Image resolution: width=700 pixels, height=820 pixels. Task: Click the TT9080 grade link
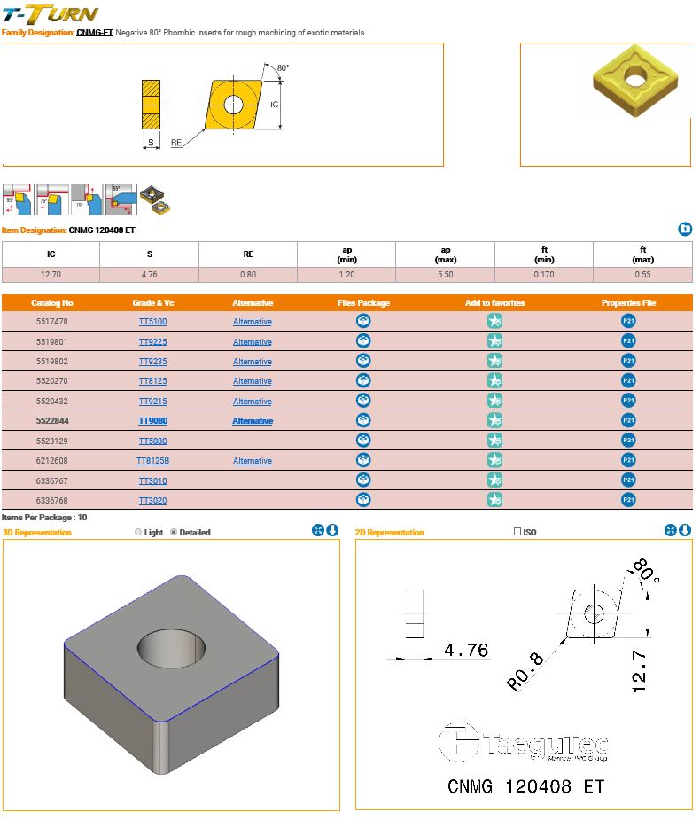coord(152,421)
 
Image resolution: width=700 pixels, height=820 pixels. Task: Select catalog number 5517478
coord(51,322)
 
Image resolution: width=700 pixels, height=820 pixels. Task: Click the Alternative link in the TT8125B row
coord(252,461)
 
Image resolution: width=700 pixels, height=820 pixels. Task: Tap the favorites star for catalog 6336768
coord(494,500)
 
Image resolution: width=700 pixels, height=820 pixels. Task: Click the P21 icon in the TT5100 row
coord(628,322)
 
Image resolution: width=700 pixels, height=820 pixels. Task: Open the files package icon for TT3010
coord(362,480)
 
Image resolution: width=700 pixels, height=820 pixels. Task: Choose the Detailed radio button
coord(174,533)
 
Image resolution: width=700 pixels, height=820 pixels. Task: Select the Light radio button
coord(137,533)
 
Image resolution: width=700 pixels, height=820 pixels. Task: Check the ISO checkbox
coord(518,533)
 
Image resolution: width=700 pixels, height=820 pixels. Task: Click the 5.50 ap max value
coord(446,275)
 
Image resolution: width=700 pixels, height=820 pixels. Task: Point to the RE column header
coord(248,254)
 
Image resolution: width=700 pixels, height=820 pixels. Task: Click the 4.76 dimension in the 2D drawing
coord(466,650)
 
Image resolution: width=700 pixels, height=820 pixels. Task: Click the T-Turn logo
coord(50,14)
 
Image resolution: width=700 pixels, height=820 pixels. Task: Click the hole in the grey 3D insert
coord(172,652)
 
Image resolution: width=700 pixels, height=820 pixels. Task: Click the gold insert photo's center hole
coord(635,77)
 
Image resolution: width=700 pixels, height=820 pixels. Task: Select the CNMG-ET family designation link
coord(95,33)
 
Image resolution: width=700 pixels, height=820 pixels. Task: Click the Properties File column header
coord(628,303)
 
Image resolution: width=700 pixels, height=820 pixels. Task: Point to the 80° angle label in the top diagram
coord(283,68)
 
